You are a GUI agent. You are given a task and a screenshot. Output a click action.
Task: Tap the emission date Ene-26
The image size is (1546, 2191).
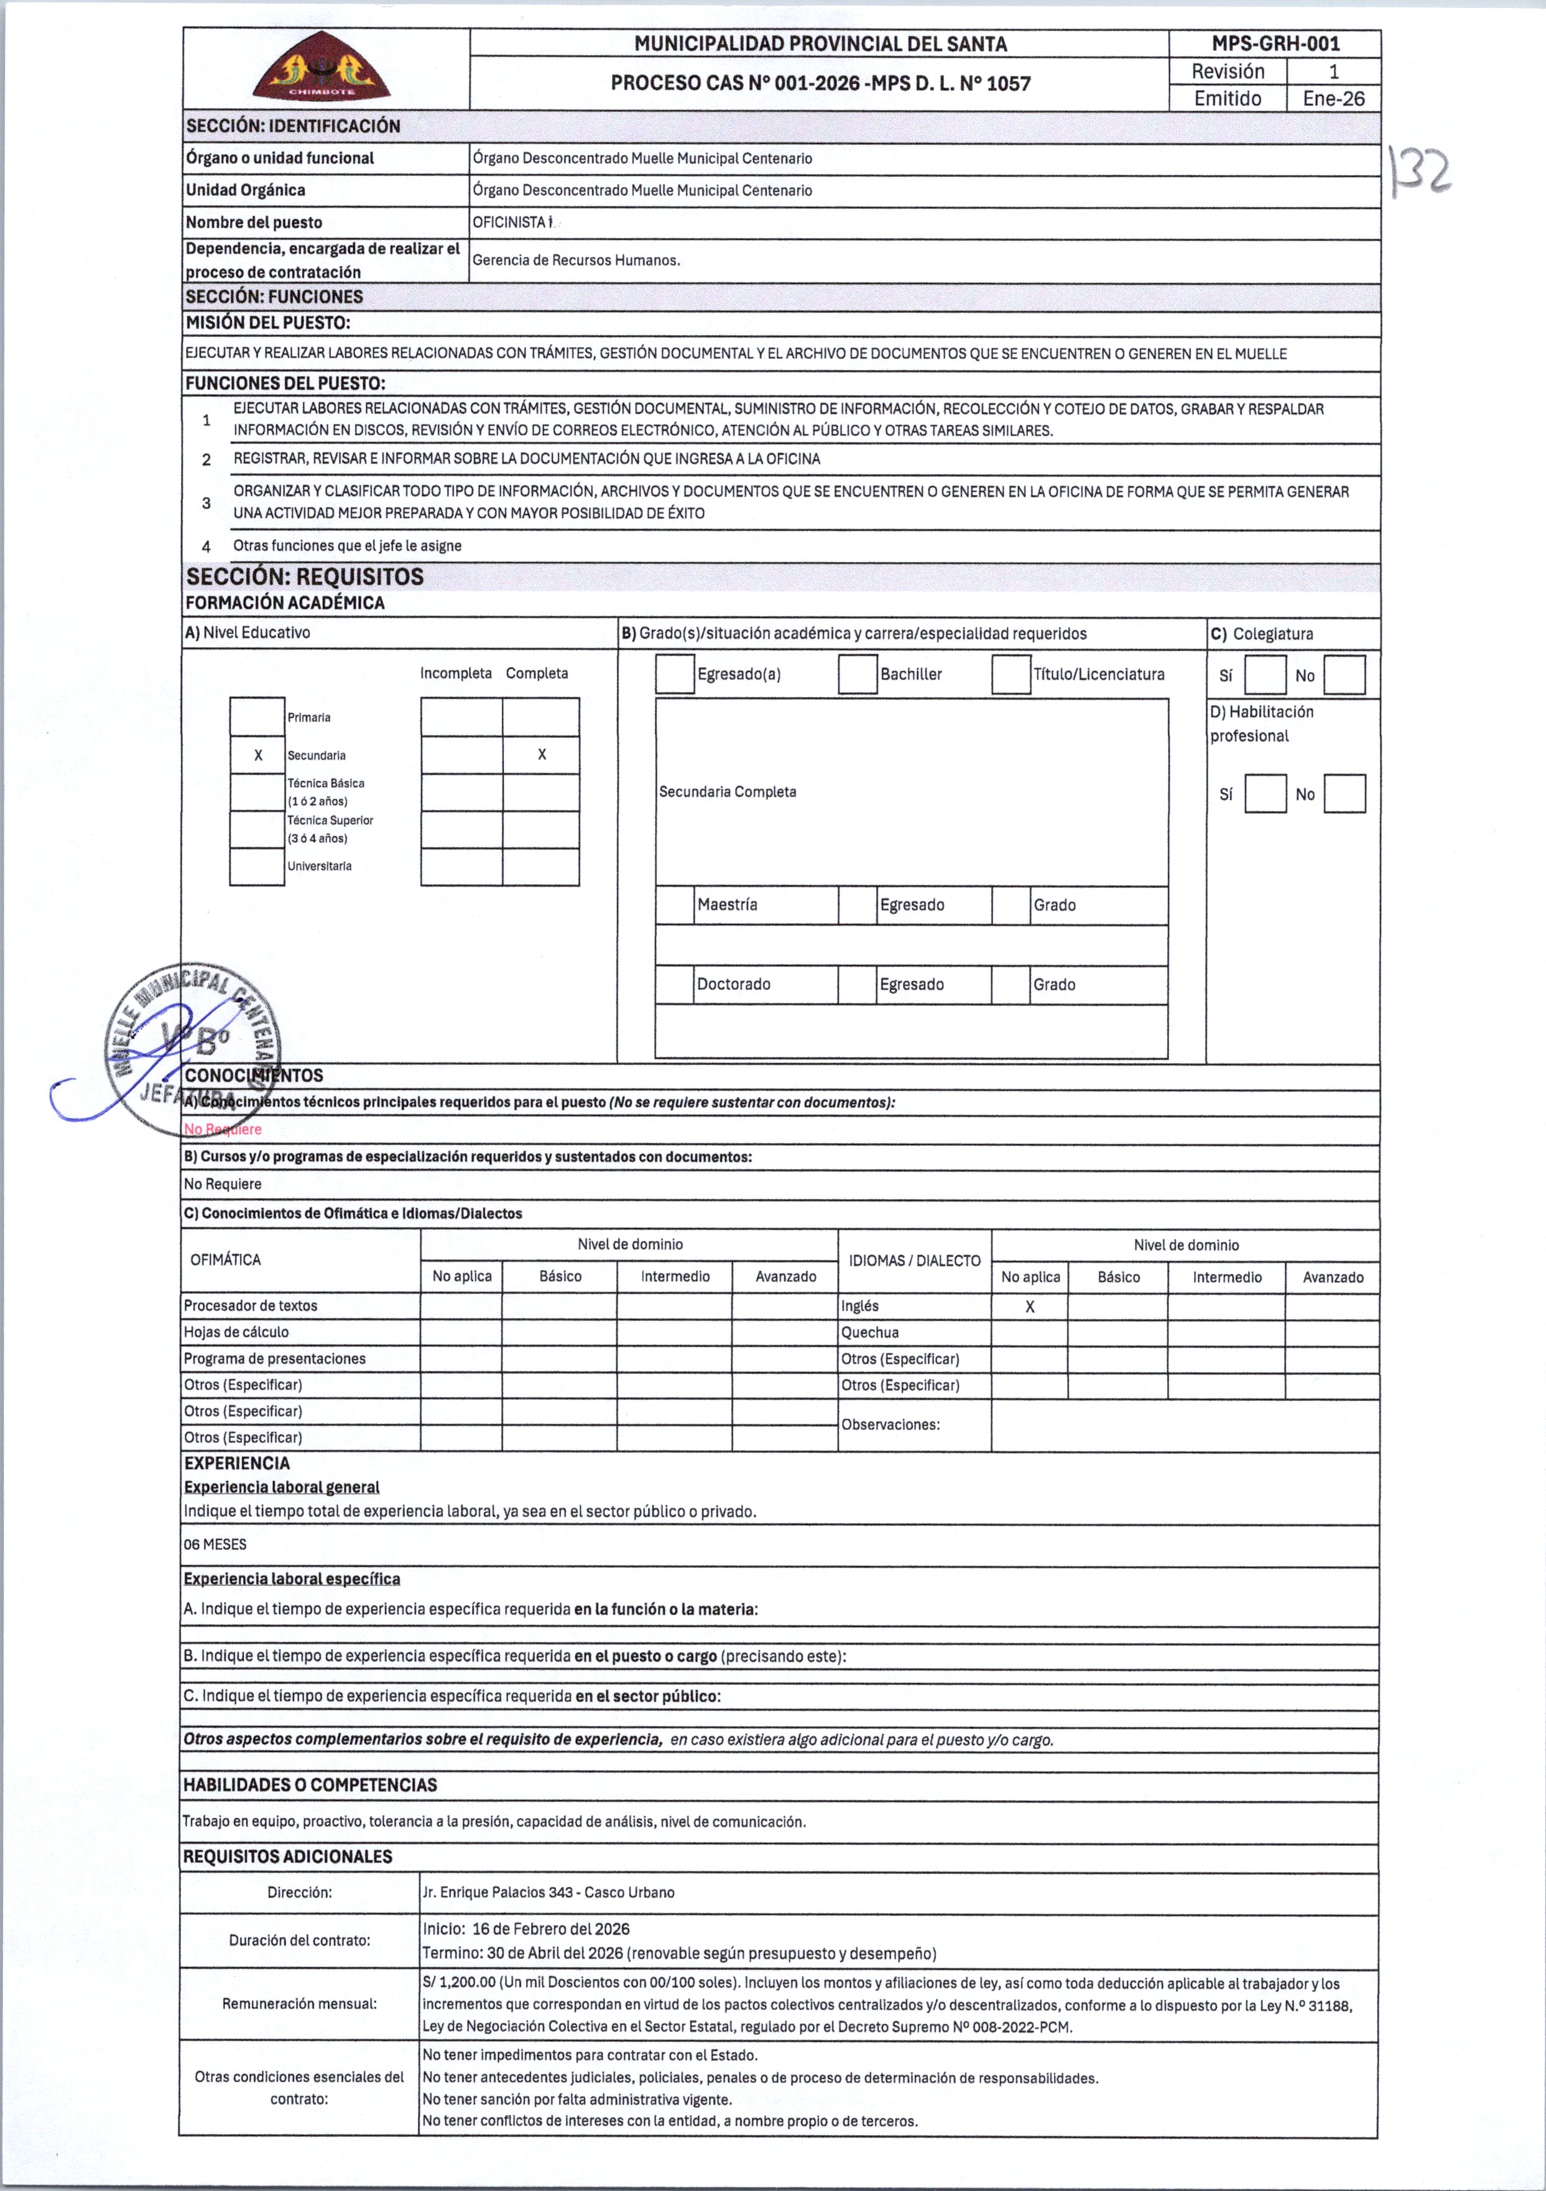pyautogui.click(x=1333, y=98)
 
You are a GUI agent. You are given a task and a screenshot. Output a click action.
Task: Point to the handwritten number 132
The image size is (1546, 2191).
pyautogui.click(x=1422, y=172)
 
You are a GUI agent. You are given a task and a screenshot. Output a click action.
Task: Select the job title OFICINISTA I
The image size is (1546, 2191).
pyautogui.click(x=512, y=223)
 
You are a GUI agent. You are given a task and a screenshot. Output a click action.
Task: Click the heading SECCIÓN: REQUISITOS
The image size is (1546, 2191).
pyautogui.click(x=305, y=576)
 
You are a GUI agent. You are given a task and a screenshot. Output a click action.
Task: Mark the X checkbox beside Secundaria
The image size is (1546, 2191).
pyautogui.click(x=257, y=755)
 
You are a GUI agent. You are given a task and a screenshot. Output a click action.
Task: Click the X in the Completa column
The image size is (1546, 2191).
pyautogui.click(x=541, y=755)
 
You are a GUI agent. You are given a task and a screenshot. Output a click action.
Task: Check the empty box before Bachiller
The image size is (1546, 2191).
pyautogui.click(x=857, y=675)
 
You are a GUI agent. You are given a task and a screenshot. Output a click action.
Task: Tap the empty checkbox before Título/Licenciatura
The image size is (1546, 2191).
pyautogui.click(x=1011, y=675)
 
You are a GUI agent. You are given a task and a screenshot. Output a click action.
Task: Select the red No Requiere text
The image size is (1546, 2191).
pyautogui.click(x=223, y=1130)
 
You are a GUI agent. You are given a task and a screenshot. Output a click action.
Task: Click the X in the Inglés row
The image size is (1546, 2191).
pyautogui.click(x=1030, y=1306)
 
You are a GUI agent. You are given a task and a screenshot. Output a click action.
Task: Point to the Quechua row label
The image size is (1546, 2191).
pyautogui.click(x=869, y=1332)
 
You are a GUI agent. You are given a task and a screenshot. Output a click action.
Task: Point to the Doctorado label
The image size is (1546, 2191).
pyautogui.click(x=733, y=984)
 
